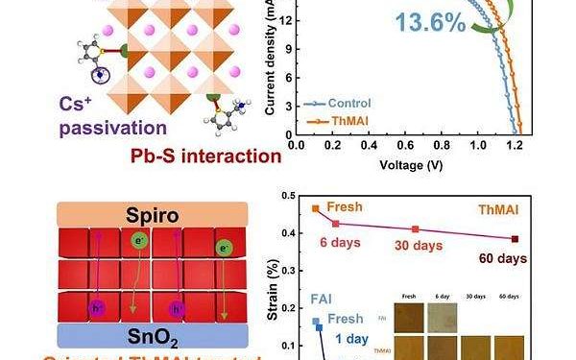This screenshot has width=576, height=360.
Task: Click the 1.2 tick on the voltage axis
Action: (x=518, y=143)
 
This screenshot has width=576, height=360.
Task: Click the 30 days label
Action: (x=417, y=247)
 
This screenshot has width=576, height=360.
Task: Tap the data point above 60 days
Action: (x=516, y=239)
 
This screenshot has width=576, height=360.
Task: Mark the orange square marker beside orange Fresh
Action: (x=315, y=208)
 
